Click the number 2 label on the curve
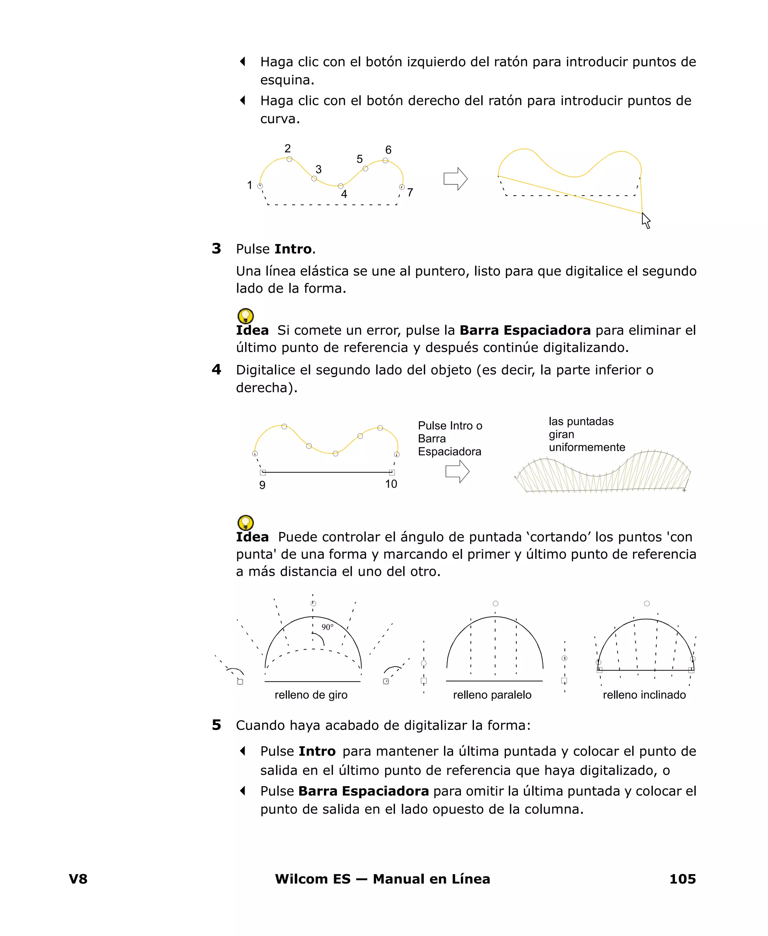(x=288, y=148)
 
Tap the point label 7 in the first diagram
(x=410, y=193)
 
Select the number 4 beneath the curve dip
(x=344, y=194)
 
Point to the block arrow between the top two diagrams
(x=455, y=179)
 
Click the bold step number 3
(x=216, y=249)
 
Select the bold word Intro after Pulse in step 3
(x=293, y=249)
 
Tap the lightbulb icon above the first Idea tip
(x=246, y=316)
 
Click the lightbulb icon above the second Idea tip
(x=246, y=523)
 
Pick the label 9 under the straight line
(x=262, y=485)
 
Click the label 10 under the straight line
(x=391, y=484)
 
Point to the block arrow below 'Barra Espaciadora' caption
(x=457, y=471)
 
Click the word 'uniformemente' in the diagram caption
(x=586, y=448)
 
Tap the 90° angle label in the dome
(x=327, y=627)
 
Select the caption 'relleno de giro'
(x=311, y=695)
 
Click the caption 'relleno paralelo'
(x=492, y=695)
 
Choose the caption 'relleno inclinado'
(x=644, y=695)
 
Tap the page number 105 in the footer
(x=682, y=879)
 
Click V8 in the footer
(x=78, y=879)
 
